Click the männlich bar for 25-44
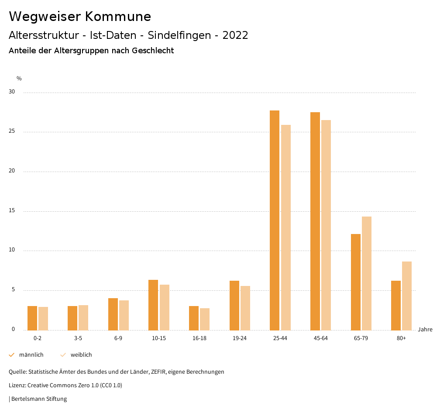275,220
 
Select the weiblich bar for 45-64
326,225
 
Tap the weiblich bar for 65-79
367,273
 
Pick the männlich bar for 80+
396,306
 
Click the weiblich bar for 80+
407,296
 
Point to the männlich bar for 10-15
153,305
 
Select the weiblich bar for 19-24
245,308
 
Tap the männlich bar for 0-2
32,318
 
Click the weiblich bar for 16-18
205,319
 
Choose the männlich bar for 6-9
113,314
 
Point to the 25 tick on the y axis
12,131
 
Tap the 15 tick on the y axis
12,211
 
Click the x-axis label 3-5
78,338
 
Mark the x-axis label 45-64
321,338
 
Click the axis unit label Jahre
425,330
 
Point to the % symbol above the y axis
19,79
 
